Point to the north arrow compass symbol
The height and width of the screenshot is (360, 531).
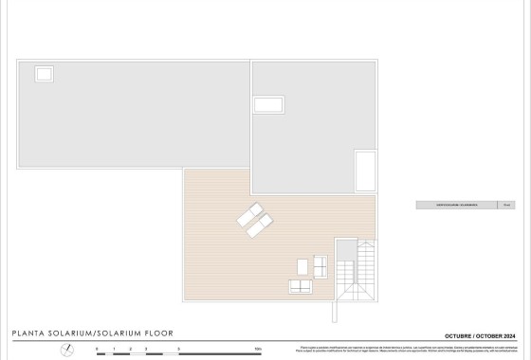coord(67,349)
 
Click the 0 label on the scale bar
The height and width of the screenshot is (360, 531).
coord(97,351)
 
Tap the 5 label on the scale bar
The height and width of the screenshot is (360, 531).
coord(179,351)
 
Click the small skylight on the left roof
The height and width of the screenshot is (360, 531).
coord(45,73)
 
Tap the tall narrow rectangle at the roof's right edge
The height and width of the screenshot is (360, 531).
coord(365,171)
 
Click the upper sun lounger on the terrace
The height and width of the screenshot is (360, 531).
coord(249,213)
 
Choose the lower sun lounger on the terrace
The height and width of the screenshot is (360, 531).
coord(259,225)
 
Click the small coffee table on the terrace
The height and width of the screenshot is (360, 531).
coord(303,266)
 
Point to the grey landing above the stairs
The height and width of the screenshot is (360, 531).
coord(346,247)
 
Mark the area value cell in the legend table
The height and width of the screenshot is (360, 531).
coord(507,204)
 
